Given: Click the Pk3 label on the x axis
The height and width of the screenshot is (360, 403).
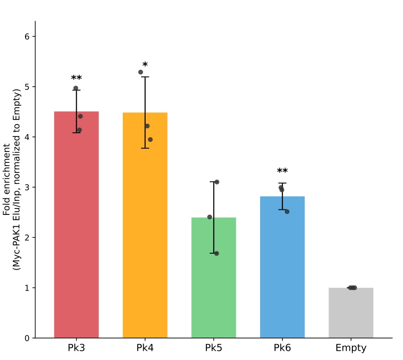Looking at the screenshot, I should (x=76, y=348).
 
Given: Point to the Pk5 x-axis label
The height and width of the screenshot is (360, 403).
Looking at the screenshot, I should (x=214, y=348).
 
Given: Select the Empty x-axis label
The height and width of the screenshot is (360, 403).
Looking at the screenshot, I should (x=351, y=348).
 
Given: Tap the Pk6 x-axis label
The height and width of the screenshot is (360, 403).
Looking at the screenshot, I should (x=282, y=348).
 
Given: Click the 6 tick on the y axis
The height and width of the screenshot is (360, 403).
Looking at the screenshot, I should (x=27, y=37).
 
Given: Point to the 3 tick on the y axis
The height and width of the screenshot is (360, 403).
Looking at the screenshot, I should (x=27, y=188).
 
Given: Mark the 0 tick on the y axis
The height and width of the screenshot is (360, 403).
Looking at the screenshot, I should (x=27, y=338).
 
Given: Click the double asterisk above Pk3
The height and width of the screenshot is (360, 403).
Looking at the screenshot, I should (x=76, y=78).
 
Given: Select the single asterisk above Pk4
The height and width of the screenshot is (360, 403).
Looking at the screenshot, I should (x=145, y=65).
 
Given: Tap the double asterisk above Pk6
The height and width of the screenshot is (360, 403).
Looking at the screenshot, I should (x=282, y=172).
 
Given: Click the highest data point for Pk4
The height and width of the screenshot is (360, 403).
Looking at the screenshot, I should (x=141, y=72).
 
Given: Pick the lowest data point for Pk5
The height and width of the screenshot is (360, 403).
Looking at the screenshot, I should (x=216, y=253).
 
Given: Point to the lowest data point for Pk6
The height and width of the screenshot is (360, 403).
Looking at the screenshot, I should (x=287, y=211).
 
